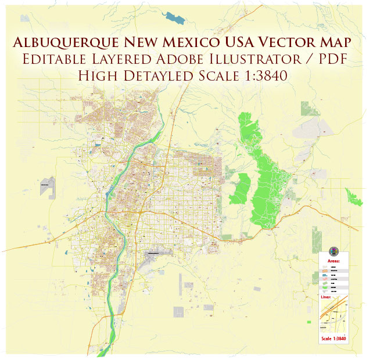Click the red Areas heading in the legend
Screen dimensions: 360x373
[333, 261]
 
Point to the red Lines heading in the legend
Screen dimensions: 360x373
[326, 297]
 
